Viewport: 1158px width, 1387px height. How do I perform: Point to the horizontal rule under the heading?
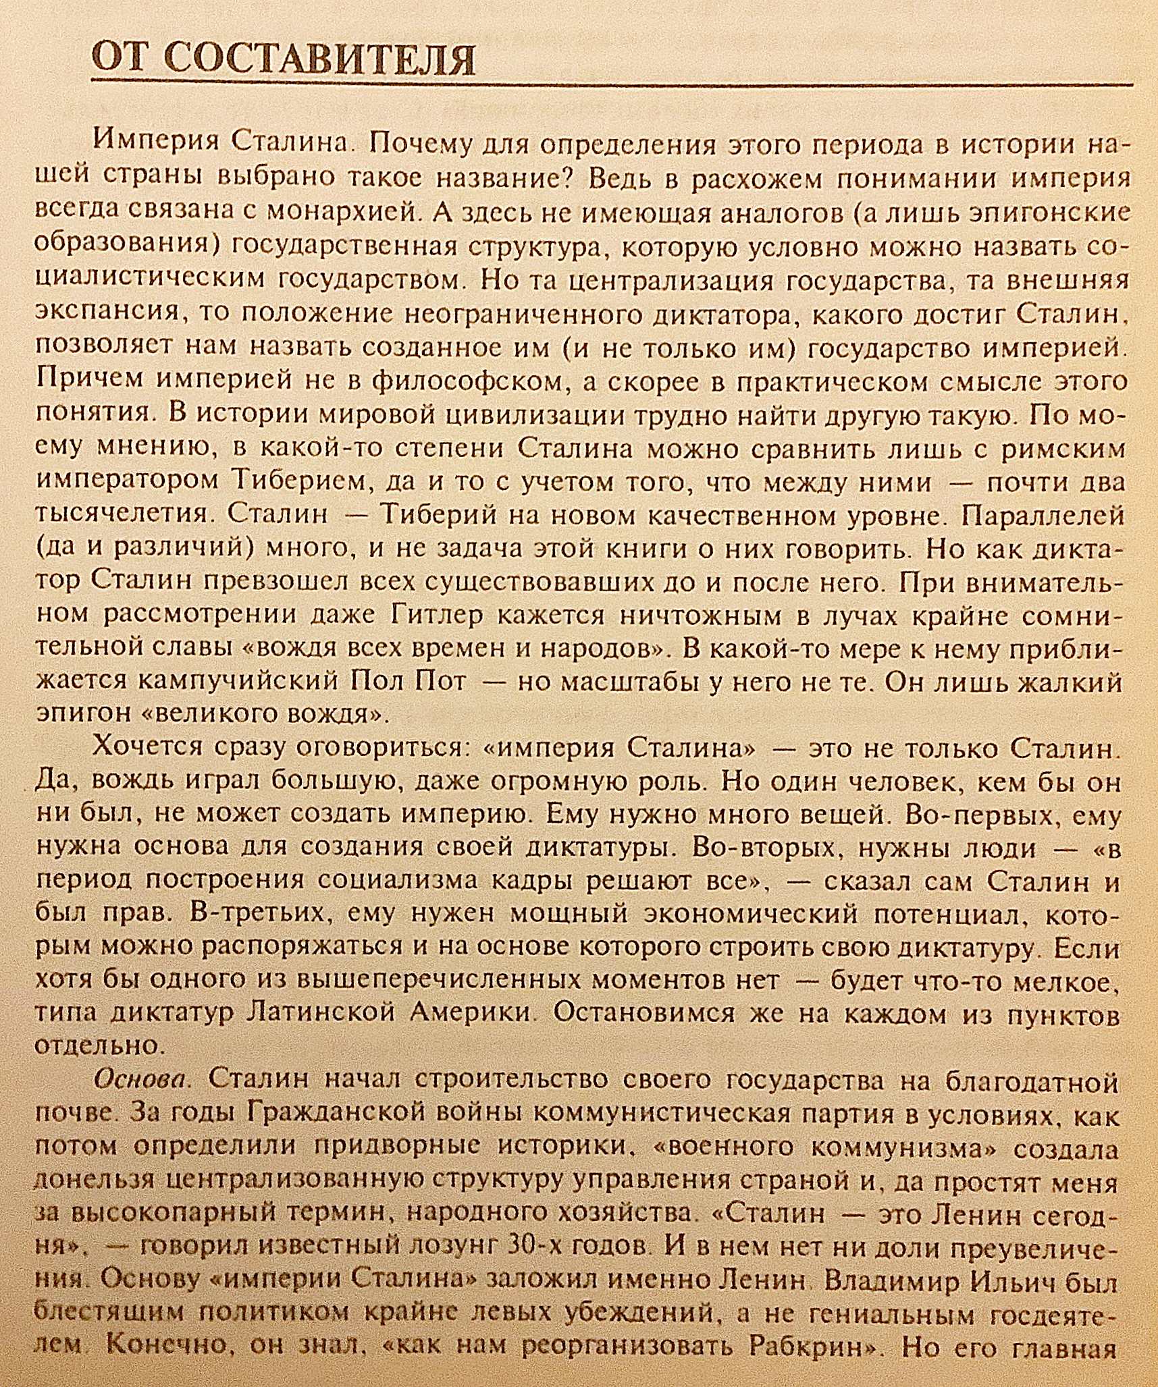click(608, 85)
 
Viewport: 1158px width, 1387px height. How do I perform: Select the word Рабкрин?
click(801, 1344)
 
